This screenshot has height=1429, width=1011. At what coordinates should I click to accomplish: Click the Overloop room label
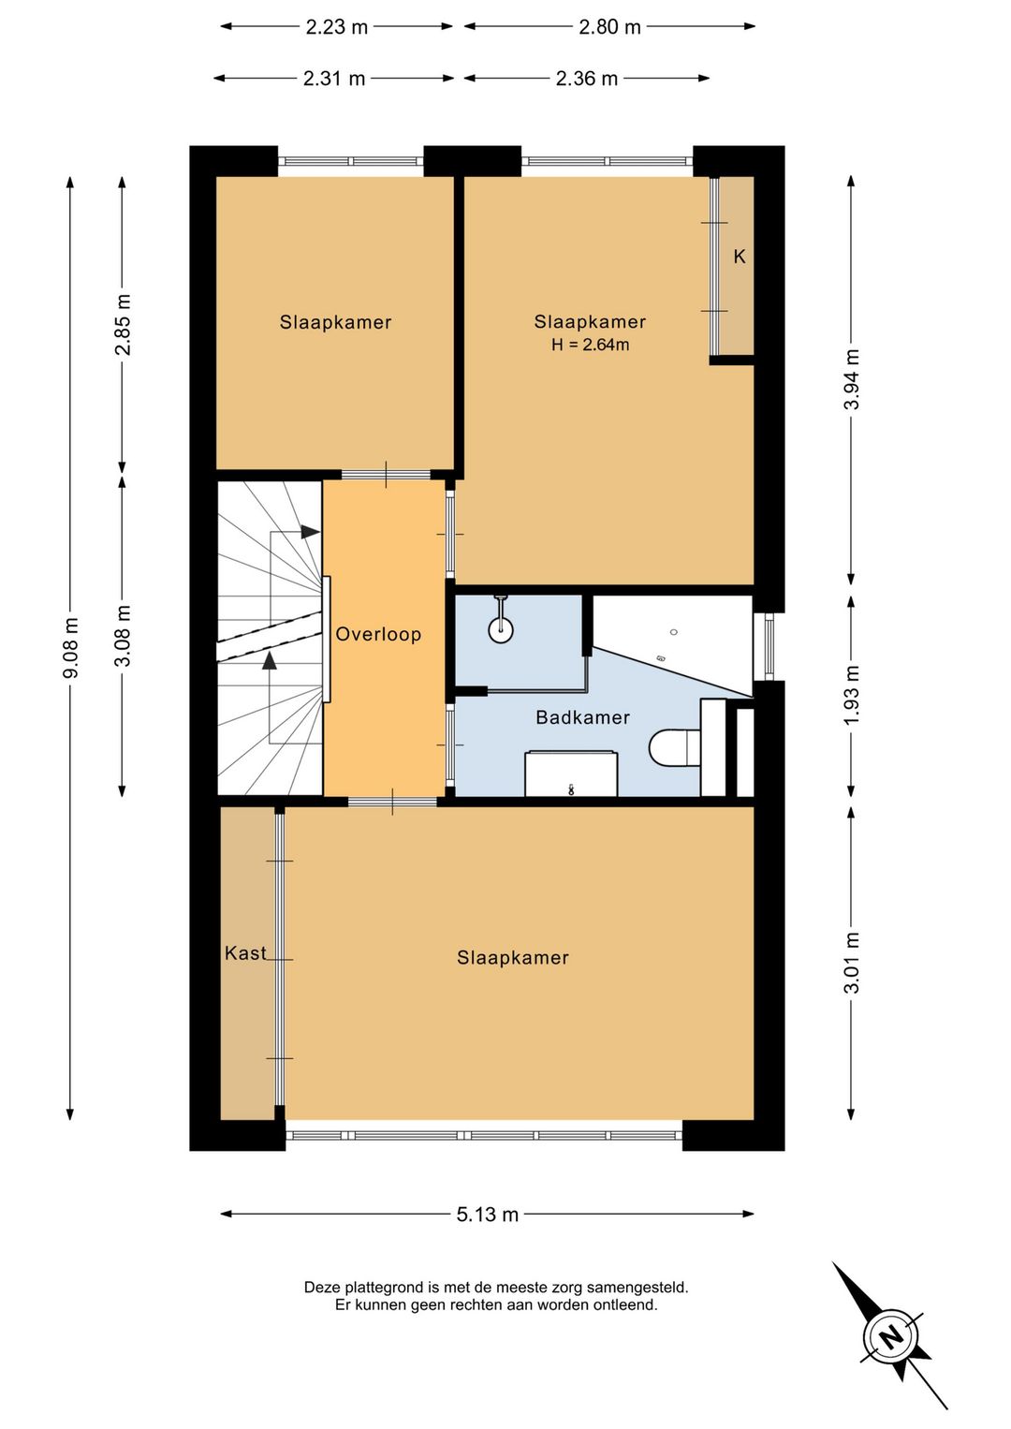click(x=378, y=634)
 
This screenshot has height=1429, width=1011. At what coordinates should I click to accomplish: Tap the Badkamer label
click(x=582, y=717)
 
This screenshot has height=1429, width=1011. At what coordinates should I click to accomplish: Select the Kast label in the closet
click(x=245, y=953)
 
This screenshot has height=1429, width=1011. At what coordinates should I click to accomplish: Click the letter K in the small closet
click(x=740, y=257)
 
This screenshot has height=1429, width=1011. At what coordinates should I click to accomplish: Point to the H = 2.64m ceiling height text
click(x=590, y=346)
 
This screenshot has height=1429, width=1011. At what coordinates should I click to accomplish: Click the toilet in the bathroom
click(x=674, y=746)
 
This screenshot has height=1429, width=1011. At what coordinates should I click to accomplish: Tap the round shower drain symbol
click(x=501, y=629)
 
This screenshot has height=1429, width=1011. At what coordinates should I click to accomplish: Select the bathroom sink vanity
click(x=571, y=773)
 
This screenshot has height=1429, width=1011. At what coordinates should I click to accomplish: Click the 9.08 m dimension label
click(x=70, y=647)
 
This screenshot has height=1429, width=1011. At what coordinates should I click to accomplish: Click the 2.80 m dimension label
click(x=609, y=27)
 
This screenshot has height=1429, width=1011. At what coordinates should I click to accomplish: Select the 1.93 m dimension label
click(x=852, y=695)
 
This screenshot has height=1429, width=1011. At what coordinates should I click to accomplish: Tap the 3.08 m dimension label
click(x=123, y=636)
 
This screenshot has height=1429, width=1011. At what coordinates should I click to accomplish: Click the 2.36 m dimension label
click(x=587, y=79)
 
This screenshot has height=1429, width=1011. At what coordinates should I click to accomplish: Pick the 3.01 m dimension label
click(x=852, y=963)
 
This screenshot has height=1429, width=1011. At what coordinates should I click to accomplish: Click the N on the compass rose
click(x=890, y=1336)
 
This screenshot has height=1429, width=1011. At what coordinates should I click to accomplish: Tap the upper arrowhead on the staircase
click(x=310, y=531)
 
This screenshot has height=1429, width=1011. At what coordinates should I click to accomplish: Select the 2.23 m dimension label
click(x=337, y=27)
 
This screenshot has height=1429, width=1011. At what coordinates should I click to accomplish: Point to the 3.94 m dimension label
click(x=852, y=379)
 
